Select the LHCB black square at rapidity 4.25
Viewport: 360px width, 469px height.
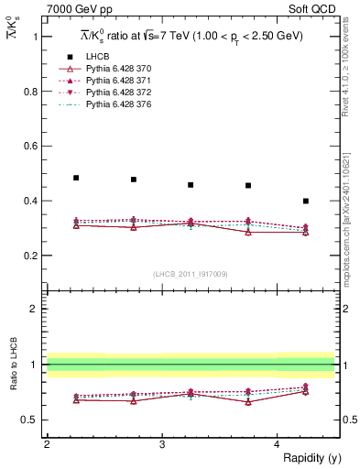pos(306,201)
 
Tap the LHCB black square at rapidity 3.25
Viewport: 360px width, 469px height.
pos(191,185)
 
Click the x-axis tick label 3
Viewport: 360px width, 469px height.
pos(162,444)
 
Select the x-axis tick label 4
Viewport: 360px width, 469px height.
pos(278,444)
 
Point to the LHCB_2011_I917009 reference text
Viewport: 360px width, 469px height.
pos(191,274)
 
